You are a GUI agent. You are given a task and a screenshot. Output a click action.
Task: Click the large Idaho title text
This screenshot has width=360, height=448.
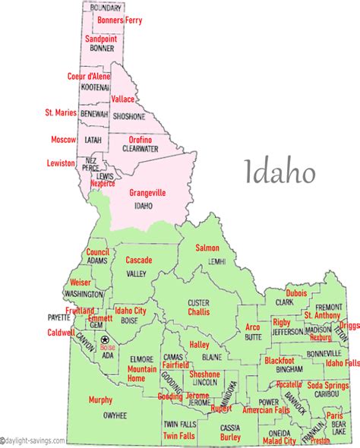(279, 172)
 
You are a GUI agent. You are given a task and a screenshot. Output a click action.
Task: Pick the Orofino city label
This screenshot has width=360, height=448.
(140, 140)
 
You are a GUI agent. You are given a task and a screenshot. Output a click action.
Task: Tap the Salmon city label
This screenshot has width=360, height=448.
(207, 248)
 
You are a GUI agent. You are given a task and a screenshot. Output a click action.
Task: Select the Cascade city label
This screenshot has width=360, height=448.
(138, 260)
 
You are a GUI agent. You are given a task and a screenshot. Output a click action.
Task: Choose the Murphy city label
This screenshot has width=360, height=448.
(100, 399)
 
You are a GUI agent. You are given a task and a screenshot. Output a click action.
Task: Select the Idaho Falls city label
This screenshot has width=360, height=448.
(343, 363)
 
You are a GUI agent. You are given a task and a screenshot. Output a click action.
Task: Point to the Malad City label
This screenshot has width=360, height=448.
(280, 440)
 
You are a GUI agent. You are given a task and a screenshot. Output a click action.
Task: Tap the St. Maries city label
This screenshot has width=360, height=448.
(61, 112)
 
